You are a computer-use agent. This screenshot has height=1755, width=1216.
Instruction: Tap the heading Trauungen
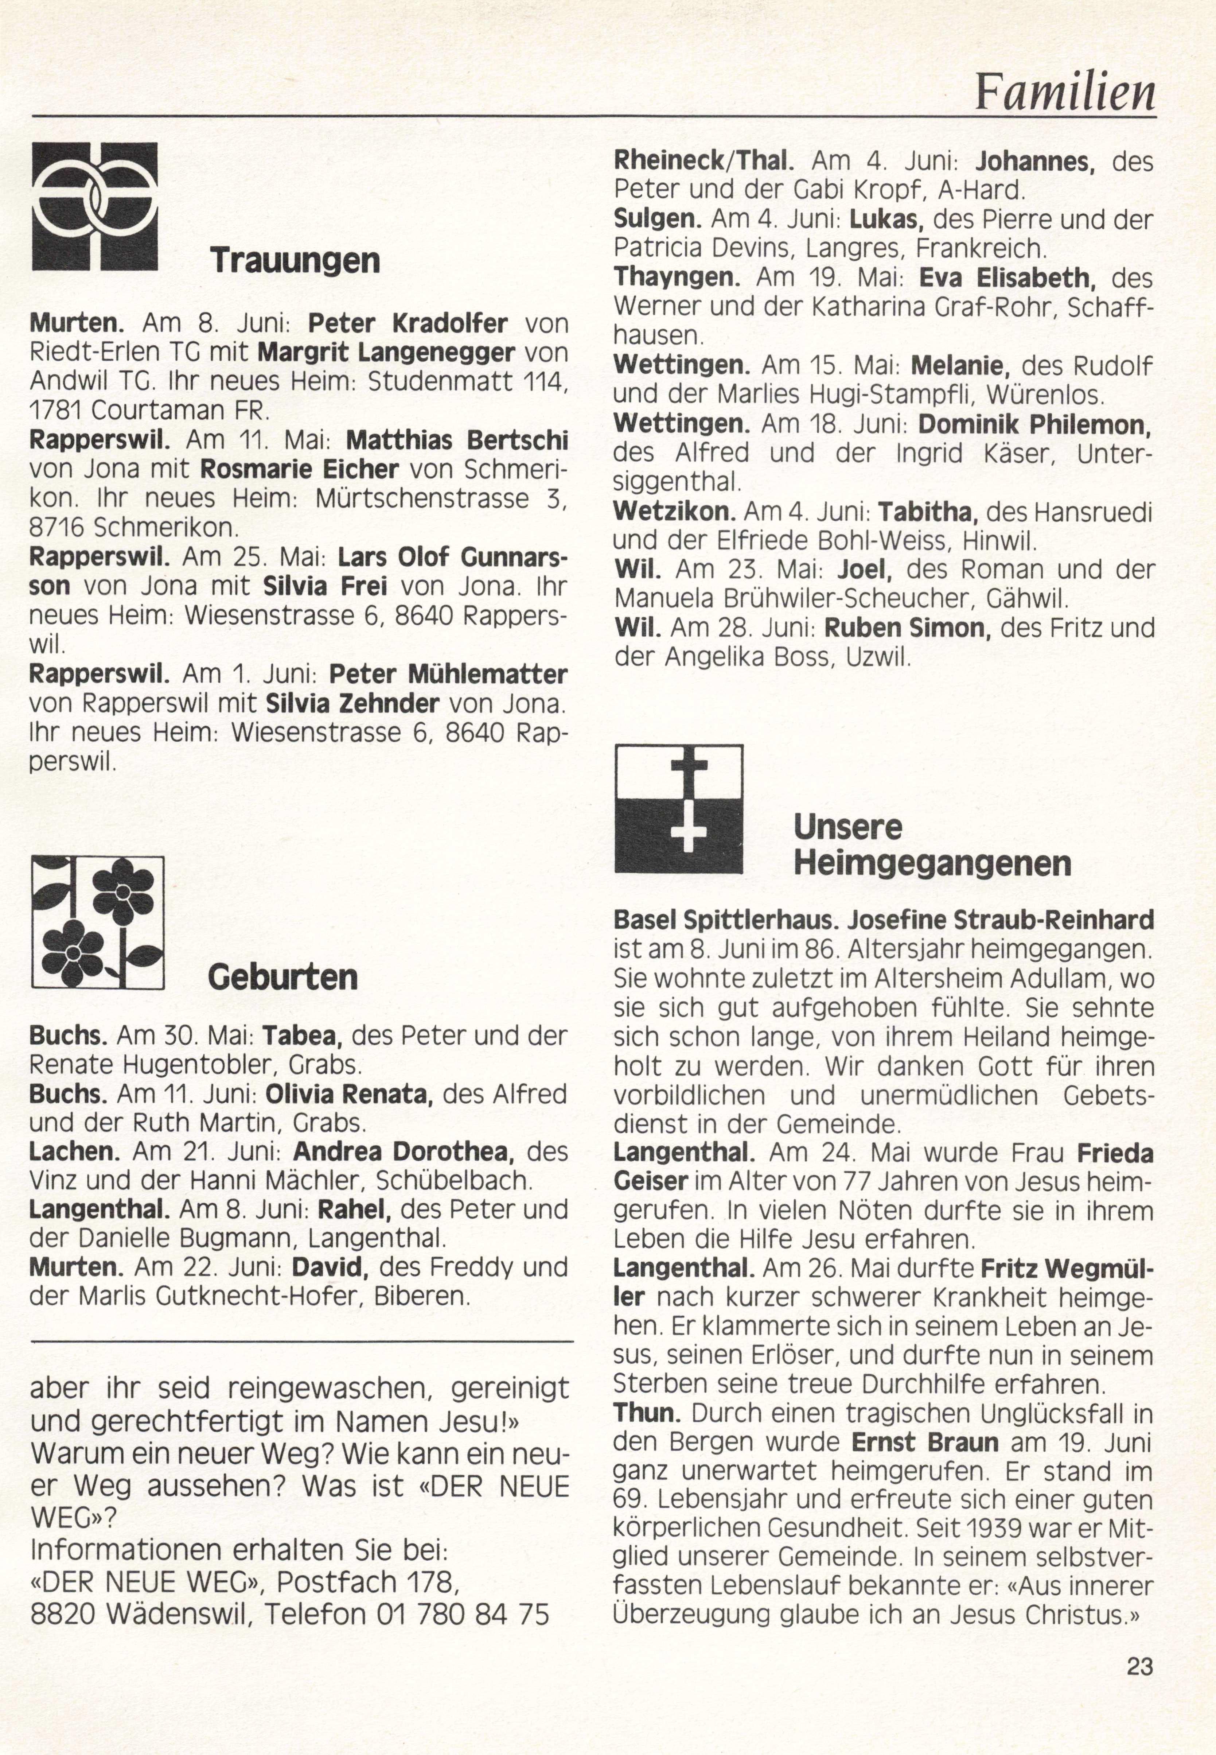point(295,260)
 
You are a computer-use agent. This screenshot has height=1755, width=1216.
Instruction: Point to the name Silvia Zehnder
point(352,703)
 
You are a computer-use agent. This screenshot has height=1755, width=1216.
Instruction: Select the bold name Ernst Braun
point(924,1443)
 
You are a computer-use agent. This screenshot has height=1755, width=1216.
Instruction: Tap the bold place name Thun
point(647,1413)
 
